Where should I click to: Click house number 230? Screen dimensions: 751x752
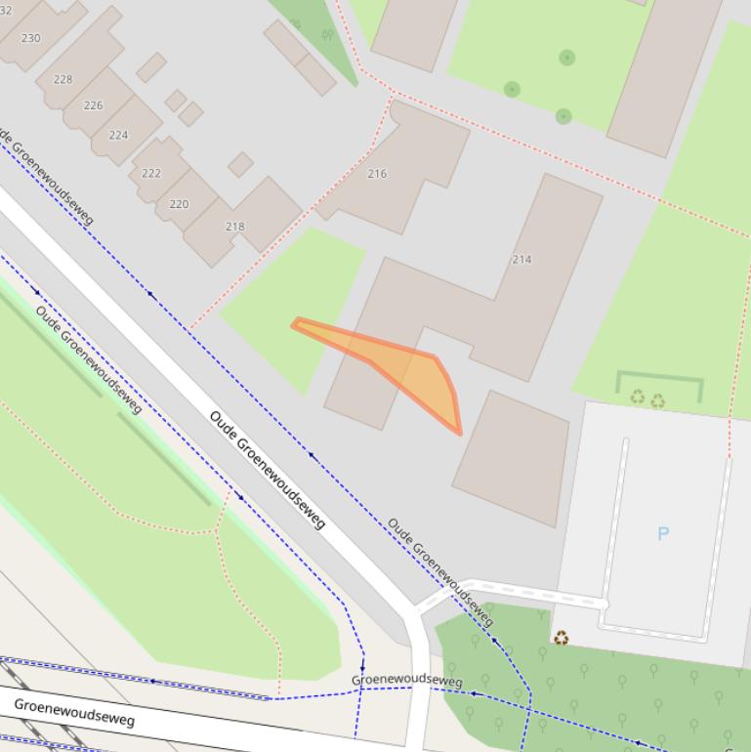click(30, 38)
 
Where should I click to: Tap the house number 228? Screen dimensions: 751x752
click(63, 79)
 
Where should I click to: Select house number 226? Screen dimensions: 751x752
click(93, 105)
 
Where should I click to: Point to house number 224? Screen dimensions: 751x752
click(118, 135)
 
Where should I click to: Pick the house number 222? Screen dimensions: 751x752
click(151, 173)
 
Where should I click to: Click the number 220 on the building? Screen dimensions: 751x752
click(179, 204)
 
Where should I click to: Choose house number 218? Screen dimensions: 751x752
click(234, 226)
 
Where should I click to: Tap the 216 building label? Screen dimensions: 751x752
click(377, 174)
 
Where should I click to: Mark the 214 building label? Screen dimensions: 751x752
click(522, 259)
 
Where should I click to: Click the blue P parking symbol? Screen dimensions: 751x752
click(663, 533)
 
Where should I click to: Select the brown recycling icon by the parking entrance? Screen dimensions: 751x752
click(562, 638)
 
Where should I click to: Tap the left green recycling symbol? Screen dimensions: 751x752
click(638, 397)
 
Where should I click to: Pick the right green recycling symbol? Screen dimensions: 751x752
click(658, 400)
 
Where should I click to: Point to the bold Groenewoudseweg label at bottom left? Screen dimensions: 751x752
click(73, 711)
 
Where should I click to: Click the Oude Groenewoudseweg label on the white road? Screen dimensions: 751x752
click(267, 470)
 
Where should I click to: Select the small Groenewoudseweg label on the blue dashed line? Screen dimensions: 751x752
click(406, 680)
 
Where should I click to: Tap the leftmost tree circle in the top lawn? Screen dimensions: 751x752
click(512, 90)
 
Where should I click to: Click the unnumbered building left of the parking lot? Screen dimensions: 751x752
click(511, 458)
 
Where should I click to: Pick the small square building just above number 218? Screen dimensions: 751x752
click(240, 164)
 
